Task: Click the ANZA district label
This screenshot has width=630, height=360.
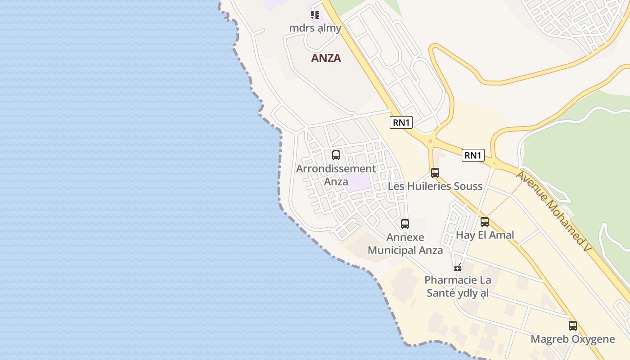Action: (x=326, y=58)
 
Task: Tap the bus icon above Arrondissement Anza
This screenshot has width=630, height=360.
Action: (x=336, y=155)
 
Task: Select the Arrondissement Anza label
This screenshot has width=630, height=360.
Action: (x=336, y=175)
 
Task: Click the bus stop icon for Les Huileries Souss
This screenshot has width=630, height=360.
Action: (x=435, y=172)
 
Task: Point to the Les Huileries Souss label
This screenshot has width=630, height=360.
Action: (x=435, y=186)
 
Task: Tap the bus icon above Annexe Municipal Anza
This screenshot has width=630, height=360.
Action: (x=405, y=224)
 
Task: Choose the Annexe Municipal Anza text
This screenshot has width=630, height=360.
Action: (x=405, y=243)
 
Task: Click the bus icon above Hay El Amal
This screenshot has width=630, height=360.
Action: (x=485, y=221)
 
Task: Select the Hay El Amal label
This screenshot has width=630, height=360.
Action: (x=485, y=235)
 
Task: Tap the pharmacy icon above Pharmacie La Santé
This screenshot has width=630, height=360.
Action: (x=458, y=267)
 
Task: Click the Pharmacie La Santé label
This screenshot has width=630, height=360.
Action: (x=458, y=287)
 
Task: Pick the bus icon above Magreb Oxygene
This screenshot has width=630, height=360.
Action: (x=573, y=325)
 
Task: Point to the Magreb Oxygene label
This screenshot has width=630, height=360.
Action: (x=573, y=339)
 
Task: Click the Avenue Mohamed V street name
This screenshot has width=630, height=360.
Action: (x=553, y=211)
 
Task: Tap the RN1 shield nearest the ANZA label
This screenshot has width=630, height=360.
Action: (x=401, y=122)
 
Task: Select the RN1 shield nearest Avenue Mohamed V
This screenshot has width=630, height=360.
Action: (x=473, y=155)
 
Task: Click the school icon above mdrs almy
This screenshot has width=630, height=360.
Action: (x=315, y=15)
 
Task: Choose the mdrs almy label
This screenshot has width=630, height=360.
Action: (x=315, y=28)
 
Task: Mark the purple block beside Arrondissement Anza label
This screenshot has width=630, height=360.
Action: (x=359, y=182)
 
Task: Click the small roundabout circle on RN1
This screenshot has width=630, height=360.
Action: (x=430, y=141)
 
